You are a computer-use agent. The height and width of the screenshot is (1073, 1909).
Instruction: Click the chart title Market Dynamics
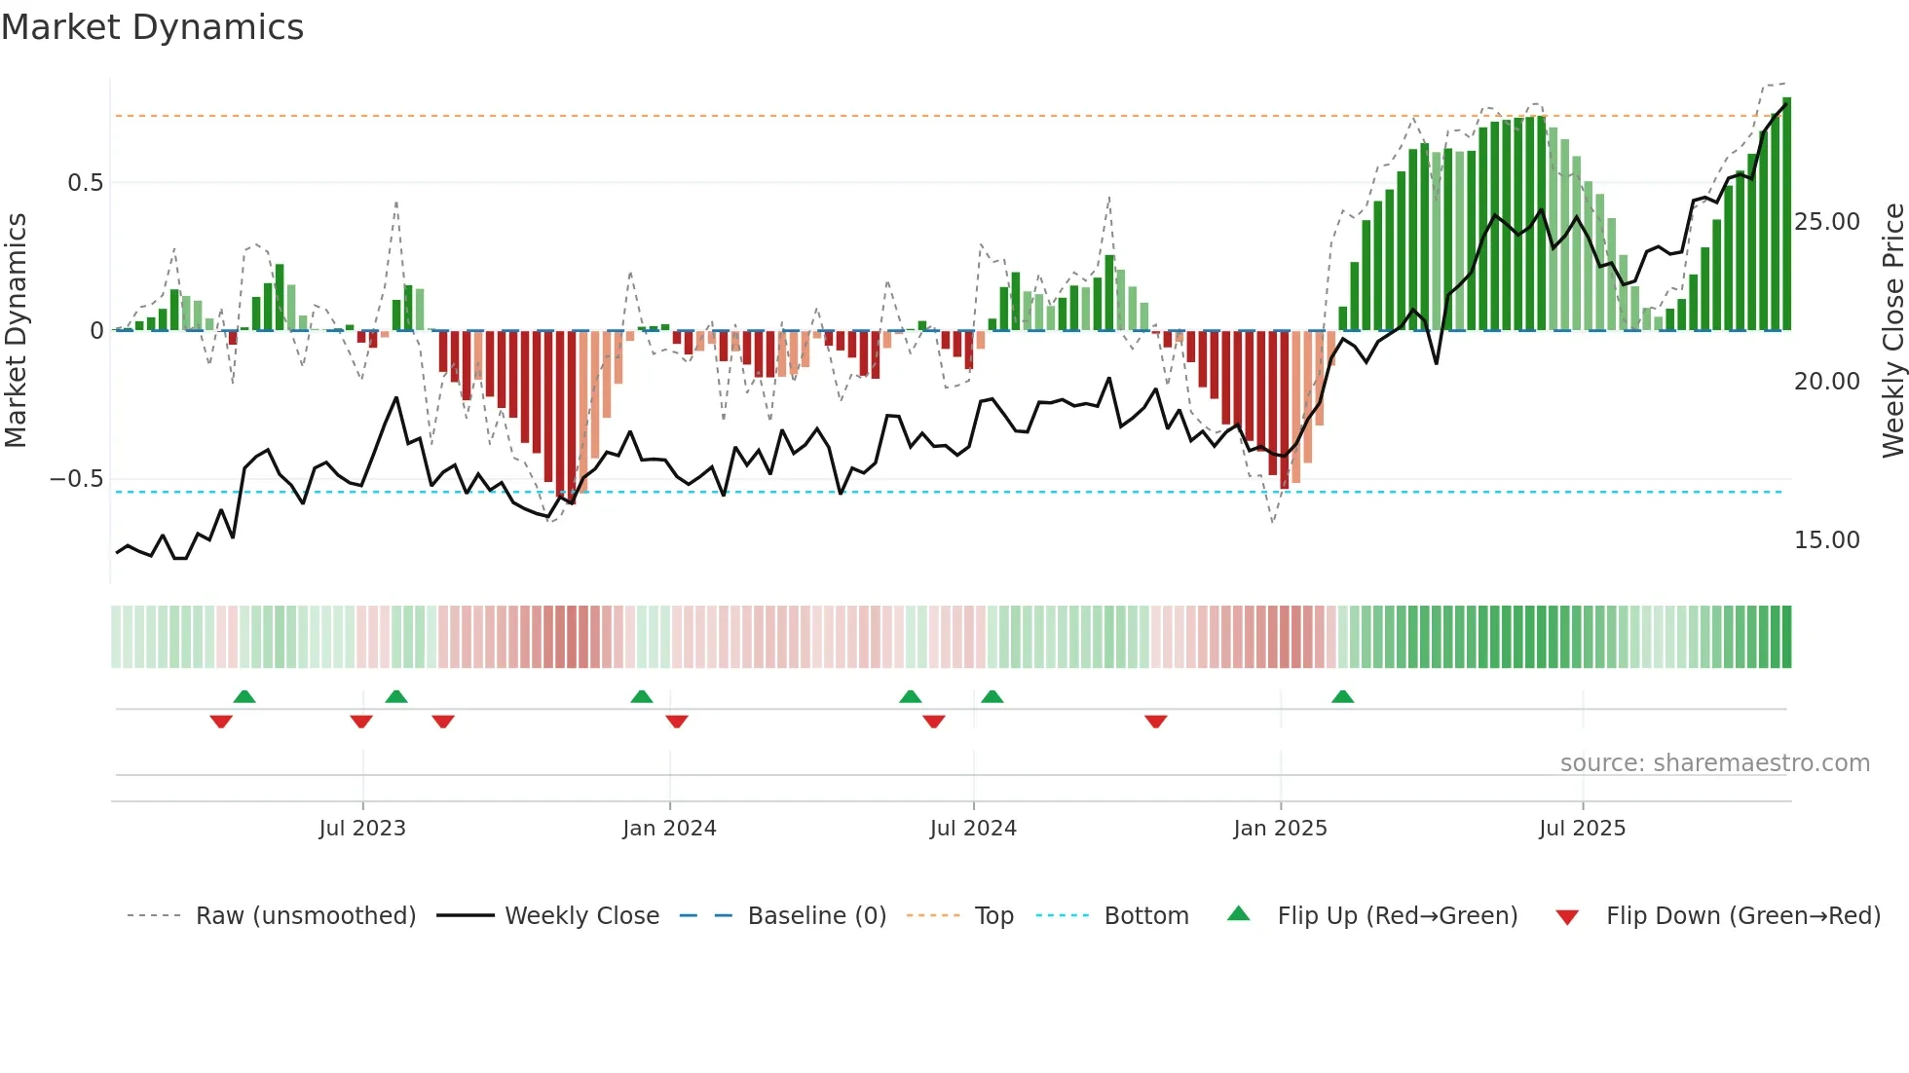pyautogui.click(x=152, y=27)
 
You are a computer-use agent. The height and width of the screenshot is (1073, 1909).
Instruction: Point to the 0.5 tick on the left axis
pyautogui.click(x=85, y=183)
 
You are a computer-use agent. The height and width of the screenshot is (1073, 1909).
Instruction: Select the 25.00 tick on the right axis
pyautogui.click(x=1826, y=222)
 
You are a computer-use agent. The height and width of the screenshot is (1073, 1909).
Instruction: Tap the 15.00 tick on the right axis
pyautogui.click(x=1826, y=540)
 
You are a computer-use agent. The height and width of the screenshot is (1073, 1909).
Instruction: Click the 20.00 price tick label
pyautogui.click(x=1826, y=382)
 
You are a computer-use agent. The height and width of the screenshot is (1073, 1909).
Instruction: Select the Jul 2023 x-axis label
pyautogui.click(x=361, y=829)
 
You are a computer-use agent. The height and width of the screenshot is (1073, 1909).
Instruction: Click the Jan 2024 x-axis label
pyautogui.click(x=669, y=829)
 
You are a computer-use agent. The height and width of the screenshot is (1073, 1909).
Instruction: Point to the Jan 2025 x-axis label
pyautogui.click(x=1280, y=829)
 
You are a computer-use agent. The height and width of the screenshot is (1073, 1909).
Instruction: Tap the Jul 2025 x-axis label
pyautogui.click(x=1582, y=829)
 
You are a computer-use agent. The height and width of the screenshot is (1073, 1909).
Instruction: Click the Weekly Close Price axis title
pyautogui.click(x=1892, y=331)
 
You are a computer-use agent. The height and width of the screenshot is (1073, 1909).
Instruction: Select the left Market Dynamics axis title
pyautogui.click(x=16, y=331)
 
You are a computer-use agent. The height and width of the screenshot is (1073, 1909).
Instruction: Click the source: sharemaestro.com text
pyautogui.click(x=1714, y=763)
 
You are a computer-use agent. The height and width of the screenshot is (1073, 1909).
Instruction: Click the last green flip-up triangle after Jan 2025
pyautogui.click(x=1342, y=697)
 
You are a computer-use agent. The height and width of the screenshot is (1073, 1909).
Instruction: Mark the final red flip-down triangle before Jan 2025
pyautogui.click(x=1156, y=721)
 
